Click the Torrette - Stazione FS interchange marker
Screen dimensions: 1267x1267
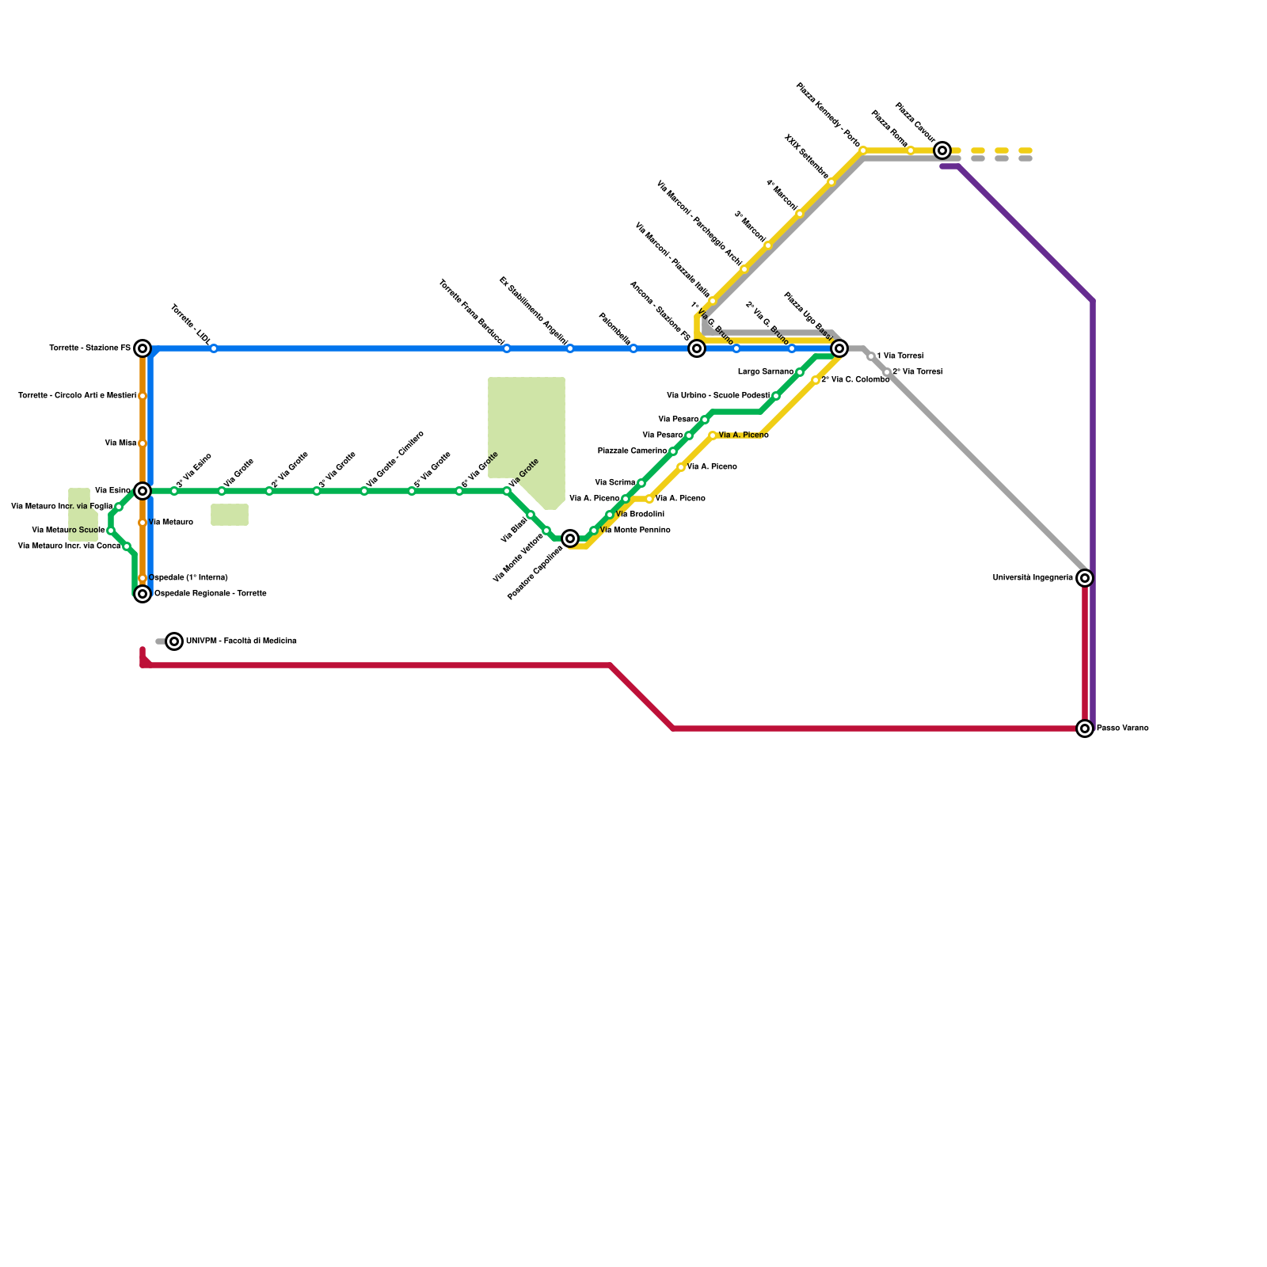click(143, 348)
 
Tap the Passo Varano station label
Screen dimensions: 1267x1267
click(1122, 729)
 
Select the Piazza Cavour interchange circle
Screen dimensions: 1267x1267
click(942, 150)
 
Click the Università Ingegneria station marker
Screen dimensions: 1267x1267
click(1085, 578)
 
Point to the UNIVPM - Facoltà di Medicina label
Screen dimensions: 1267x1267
click(242, 641)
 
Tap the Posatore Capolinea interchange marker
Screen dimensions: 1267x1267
click(570, 538)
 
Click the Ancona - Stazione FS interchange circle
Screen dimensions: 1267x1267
click(697, 348)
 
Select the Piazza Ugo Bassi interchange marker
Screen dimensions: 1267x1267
click(839, 348)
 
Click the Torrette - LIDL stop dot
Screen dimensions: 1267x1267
click(214, 348)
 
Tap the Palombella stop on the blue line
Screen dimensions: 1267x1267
click(633, 348)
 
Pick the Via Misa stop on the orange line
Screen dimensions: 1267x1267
click(143, 443)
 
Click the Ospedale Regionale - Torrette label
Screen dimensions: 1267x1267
click(210, 594)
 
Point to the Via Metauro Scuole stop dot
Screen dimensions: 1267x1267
click(111, 531)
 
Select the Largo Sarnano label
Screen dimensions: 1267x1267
click(766, 372)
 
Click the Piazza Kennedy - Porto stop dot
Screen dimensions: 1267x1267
click(863, 150)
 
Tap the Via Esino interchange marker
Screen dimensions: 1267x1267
click(143, 491)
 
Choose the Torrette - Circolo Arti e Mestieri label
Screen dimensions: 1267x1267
click(78, 396)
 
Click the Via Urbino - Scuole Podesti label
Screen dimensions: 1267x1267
click(718, 396)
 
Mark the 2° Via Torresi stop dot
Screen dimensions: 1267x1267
click(887, 372)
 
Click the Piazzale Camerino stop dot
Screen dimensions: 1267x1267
click(673, 451)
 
